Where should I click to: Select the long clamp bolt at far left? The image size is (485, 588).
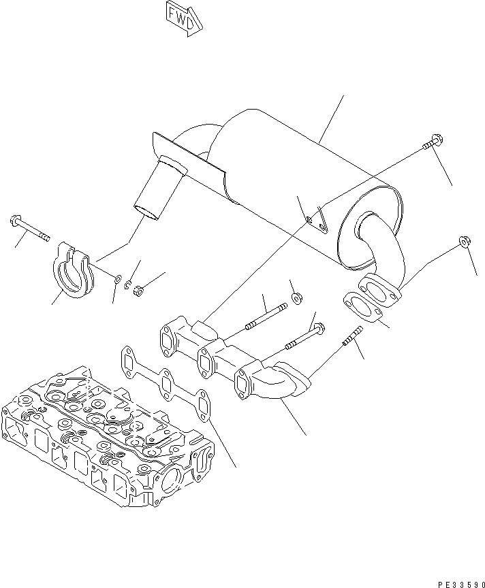30,229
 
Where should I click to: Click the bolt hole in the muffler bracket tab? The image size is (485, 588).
310,219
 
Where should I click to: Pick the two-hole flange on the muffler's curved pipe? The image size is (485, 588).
376,289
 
